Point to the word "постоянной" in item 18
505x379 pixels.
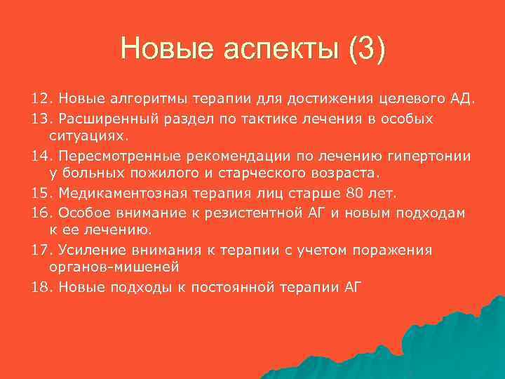click(239, 286)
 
